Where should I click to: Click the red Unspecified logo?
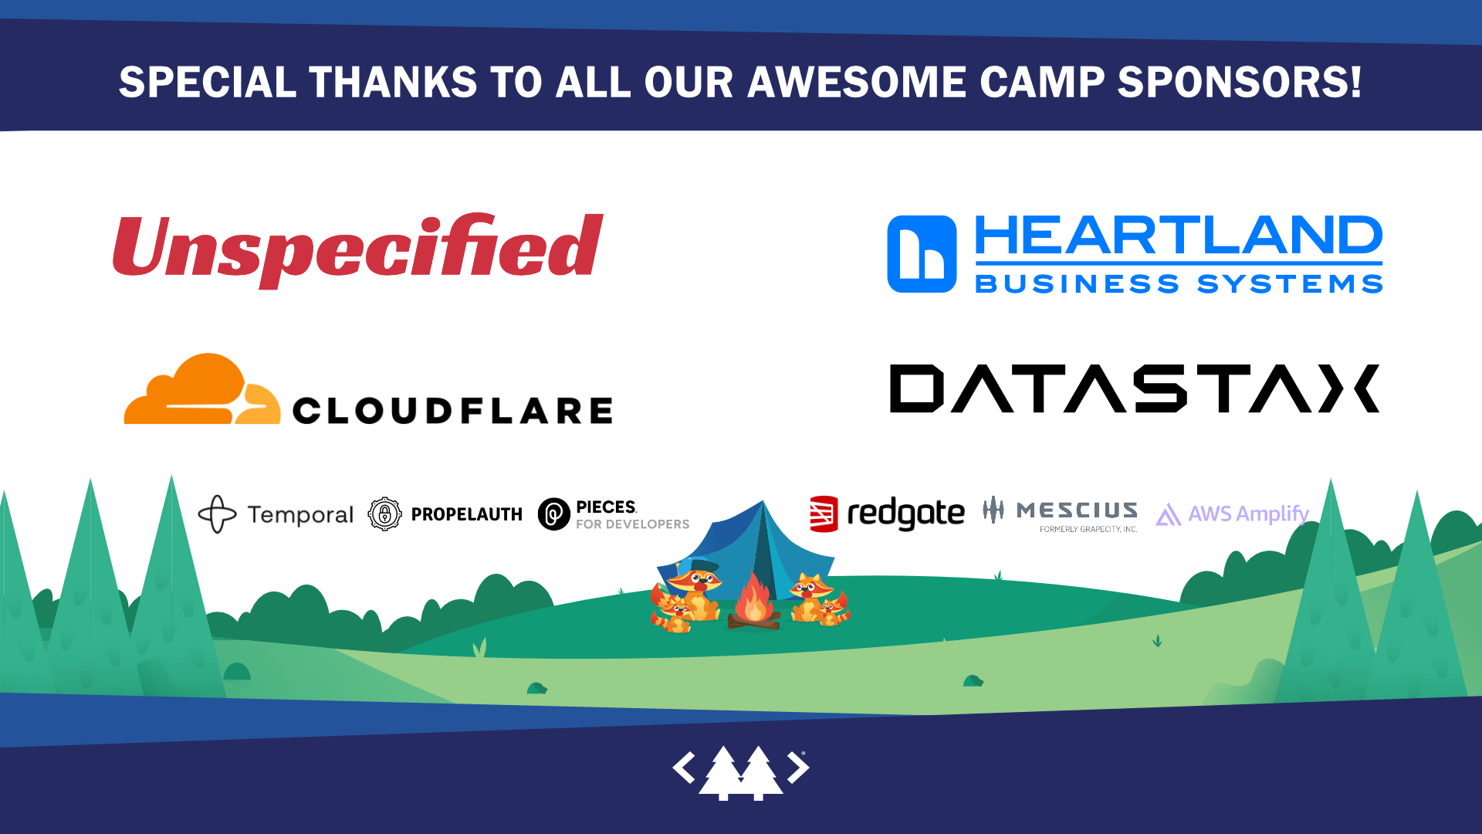(x=357, y=250)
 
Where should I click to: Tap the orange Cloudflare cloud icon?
(x=202, y=389)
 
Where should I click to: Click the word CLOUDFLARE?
(x=452, y=410)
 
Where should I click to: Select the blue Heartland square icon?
(x=922, y=254)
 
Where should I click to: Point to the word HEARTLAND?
(x=1179, y=236)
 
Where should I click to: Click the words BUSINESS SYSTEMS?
(x=1179, y=283)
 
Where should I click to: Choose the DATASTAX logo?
(x=1135, y=388)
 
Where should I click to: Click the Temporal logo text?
(x=300, y=514)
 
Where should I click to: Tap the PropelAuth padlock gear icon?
(x=384, y=514)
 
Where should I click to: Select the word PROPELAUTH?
(x=467, y=514)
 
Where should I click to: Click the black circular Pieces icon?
(x=553, y=514)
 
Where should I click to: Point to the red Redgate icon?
(x=824, y=514)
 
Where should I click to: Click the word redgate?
(x=906, y=514)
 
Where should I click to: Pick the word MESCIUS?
(x=1077, y=510)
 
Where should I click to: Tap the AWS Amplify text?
(x=1248, y=514)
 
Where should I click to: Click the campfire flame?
(x=754, y=599)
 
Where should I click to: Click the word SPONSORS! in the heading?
(x=1240, y=82)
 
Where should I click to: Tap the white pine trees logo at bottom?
(x=741, y=772)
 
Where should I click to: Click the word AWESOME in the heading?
(x=857, y=82)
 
